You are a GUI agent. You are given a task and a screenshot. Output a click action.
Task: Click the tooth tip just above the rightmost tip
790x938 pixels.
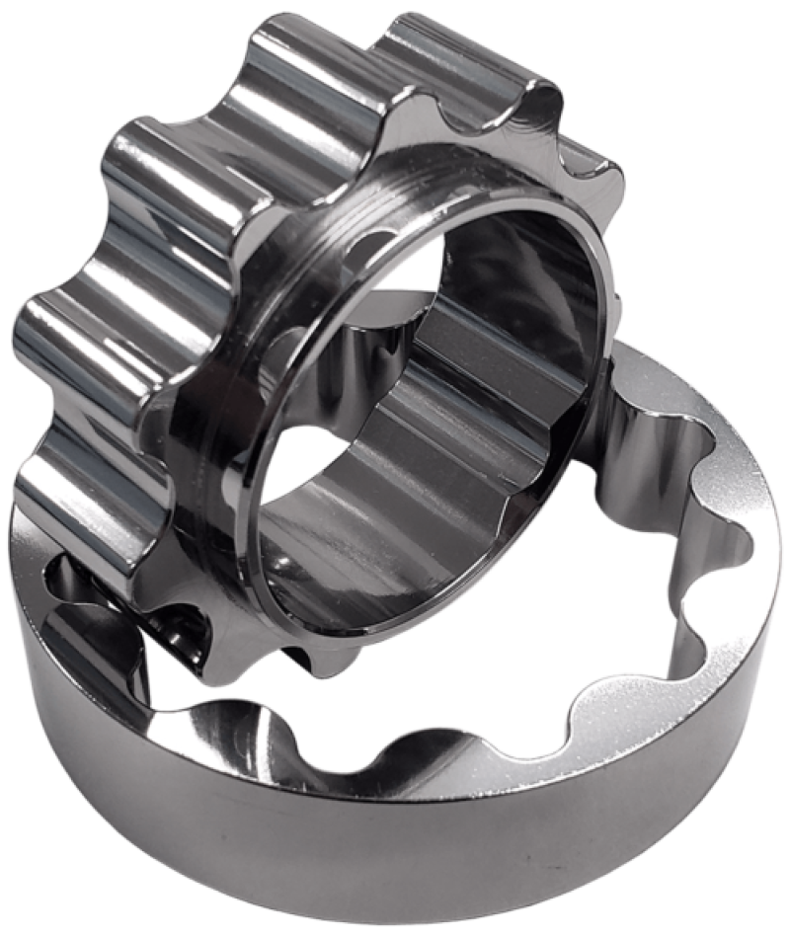533,99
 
